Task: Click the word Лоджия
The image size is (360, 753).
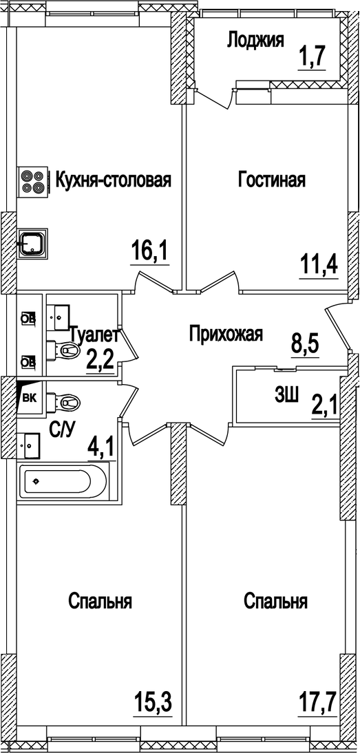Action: pyautogui.click(x=255, y=41)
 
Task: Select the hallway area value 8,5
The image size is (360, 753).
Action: pyautogui.click(x=306, y=342)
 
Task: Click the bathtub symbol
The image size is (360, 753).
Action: pyautogui.click(x=66, y=481)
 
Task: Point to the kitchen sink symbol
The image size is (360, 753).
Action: pyautogui.click(x=32, y=242)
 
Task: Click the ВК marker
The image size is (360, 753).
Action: pyautogui.click(x=30, y=396)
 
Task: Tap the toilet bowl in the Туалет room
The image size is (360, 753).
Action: pyautogui.click(x=66, y=350)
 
